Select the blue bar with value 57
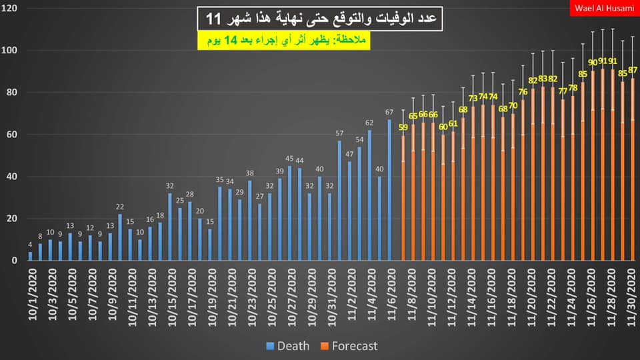pyautogui.click(x=339, y=200)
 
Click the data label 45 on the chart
pyautogui.click(x=289, y=159)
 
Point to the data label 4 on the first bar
pyautogui.click(x=30, y=245)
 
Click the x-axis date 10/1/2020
pyautogui.click(x=31, y=293)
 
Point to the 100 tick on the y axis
pyautogui.click(x=13, y=50)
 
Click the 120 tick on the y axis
pyautogui.click(x=13, y=8)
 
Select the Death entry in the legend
pyautogui.click(x=289, y=346)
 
